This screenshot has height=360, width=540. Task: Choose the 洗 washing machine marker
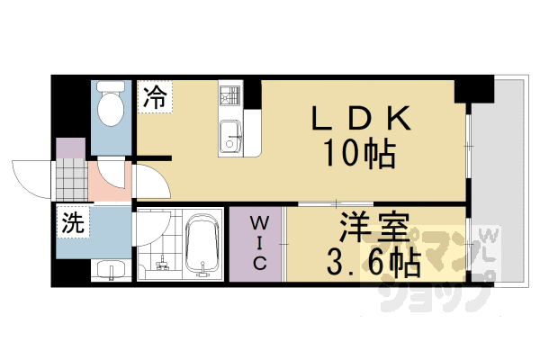pyautogui.click(x=72, y=224)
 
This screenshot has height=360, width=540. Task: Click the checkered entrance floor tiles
pyautogui.click(x=73, y=180)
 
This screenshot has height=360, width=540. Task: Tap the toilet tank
pyautogui.click(x=112, y=89)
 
